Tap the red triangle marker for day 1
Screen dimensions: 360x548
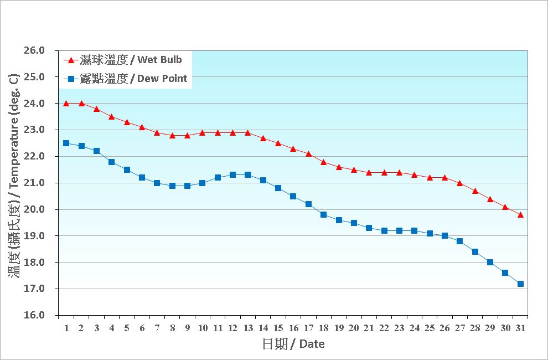[66, 104]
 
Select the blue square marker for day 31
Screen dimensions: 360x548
[520, 284]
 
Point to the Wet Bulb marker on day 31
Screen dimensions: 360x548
[520, 214]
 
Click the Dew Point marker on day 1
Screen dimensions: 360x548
[66, 143]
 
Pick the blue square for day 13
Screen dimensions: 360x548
[247, 175]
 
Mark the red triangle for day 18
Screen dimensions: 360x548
[323, 162]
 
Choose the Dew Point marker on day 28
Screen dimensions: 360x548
[475, 251]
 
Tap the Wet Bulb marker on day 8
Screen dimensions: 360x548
[172, 135]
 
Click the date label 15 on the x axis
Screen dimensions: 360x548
[278, 328]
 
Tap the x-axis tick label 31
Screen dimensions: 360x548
[520, 328]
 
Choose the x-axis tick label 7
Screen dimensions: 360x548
[157, 328]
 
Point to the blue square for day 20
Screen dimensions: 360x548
[354, 223]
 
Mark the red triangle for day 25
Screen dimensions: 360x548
[430, 177]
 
